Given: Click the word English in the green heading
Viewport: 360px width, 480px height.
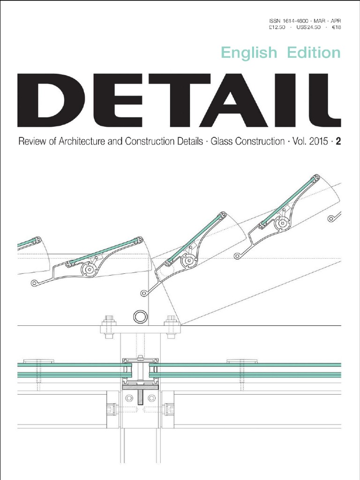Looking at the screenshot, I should (249, 53).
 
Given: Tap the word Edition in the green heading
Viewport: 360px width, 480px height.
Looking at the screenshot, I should (311, 53).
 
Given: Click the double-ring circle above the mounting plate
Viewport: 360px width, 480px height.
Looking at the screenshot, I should (139, 316).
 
